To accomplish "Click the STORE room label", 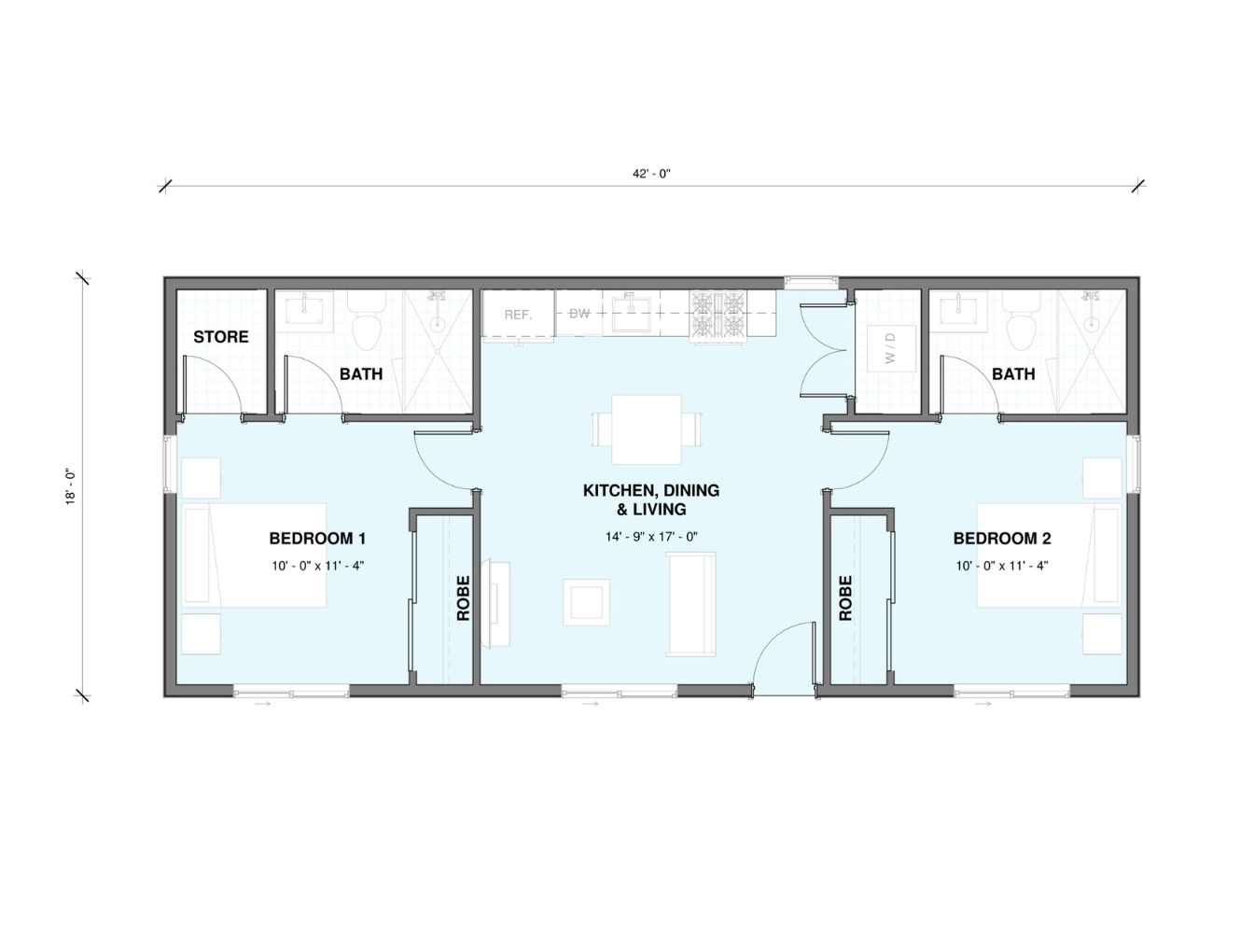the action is click(x=220, y=337).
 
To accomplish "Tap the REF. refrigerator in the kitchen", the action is click(x=518, y=315).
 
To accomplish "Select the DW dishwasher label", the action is click(x=579, y=313).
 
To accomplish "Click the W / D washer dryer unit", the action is click(x=891, y=348).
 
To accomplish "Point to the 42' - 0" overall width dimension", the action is click(x=651, y=174).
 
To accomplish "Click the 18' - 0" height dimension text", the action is click(x=71, y=486).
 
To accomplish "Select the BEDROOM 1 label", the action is click(x=317, y=539).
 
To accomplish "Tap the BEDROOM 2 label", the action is click(x=1002, y=539).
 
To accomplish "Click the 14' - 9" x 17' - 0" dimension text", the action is click(x=651, y=537).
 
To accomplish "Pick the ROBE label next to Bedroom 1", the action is click(x=463, y=597).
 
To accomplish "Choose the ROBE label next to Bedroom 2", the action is click(x=845, y=597).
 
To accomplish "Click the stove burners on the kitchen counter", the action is click(x=718, y=316).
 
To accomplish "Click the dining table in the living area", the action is click(x=647, y=429).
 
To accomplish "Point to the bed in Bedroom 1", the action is click(x=255, y=555).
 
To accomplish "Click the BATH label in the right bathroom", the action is click(x=1013, y=374).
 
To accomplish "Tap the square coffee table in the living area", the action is click(x=586, y=602).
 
